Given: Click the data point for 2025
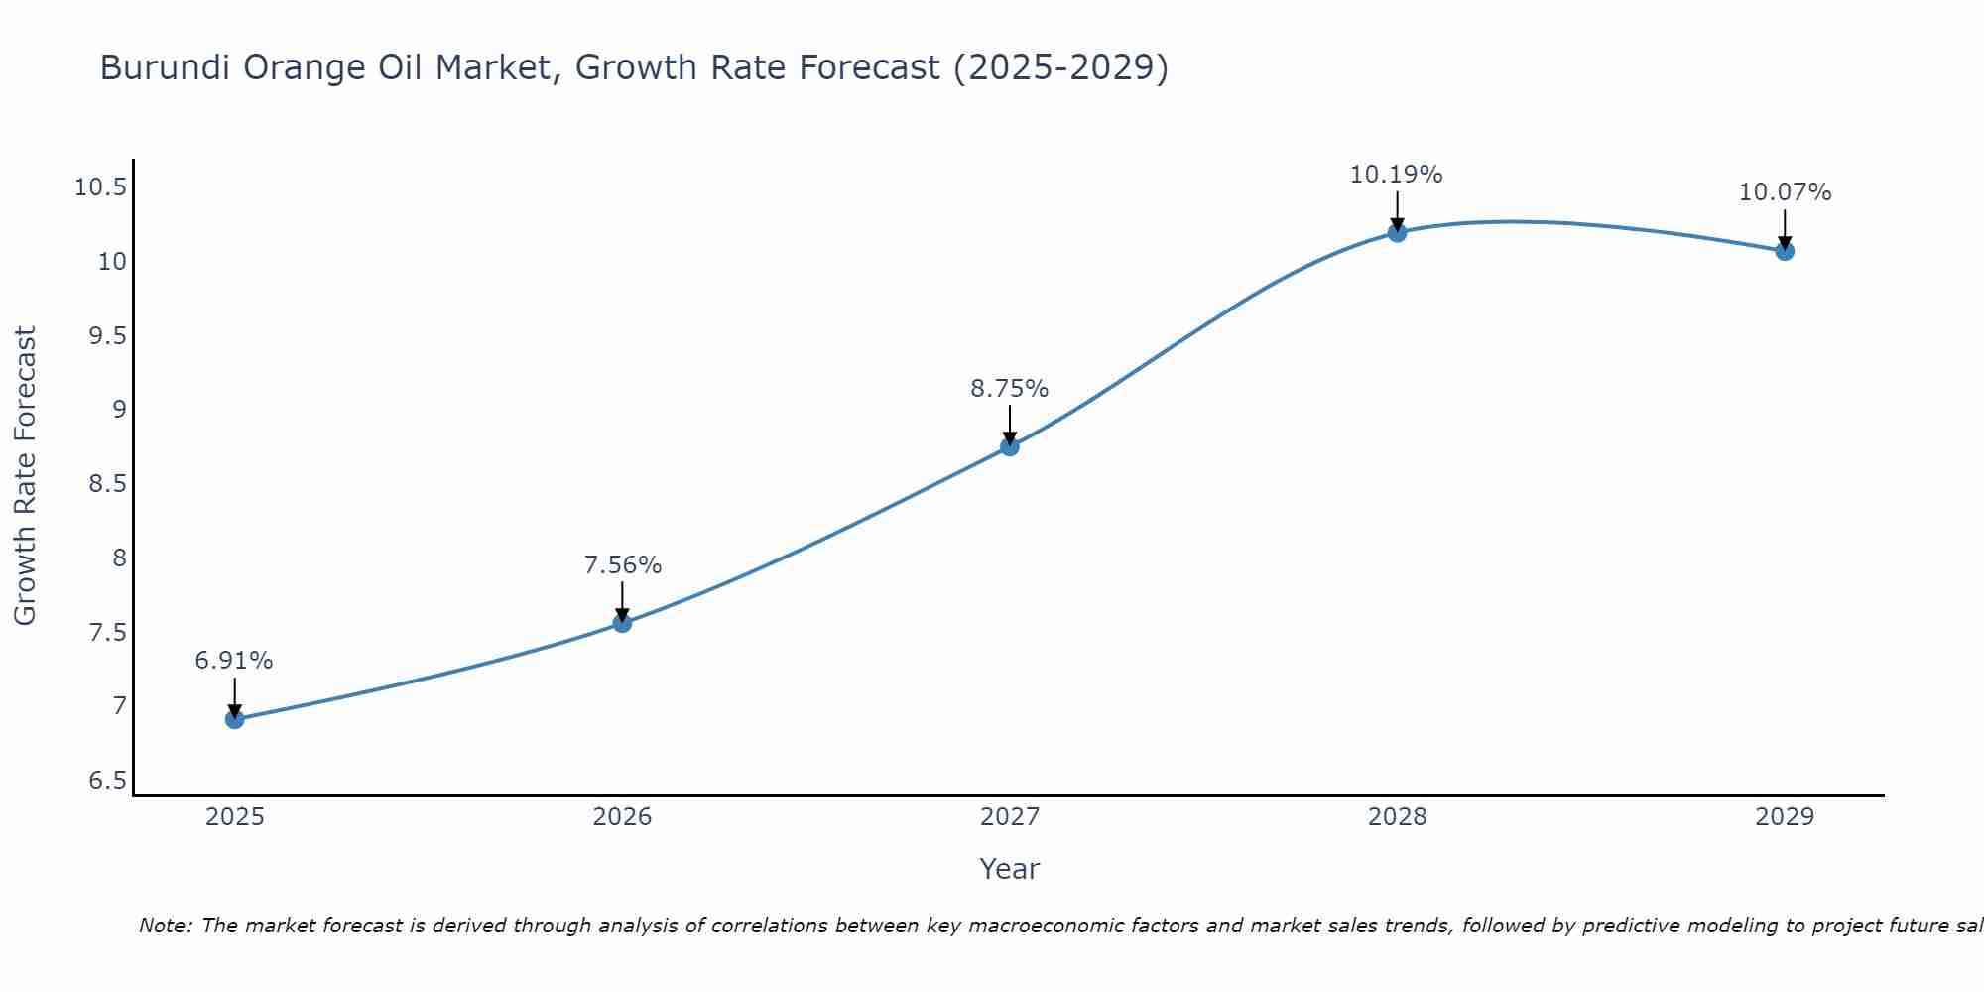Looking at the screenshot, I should pos(235,719).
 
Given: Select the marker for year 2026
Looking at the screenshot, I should pos(622,623).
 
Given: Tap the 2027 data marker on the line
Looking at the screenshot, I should pos(1010,446).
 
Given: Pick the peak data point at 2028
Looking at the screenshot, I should pos(1397,232).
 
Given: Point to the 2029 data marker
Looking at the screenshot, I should pos(1785,251).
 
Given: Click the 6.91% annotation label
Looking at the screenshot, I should pos(234,661).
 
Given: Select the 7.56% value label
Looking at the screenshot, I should pos(622,565).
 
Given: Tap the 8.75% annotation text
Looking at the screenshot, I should pos(1009,389).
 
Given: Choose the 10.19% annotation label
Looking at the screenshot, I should pos(1396,175).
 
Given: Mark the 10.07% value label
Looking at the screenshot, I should pos(1785,192).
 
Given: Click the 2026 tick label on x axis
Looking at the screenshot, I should pos(622,817).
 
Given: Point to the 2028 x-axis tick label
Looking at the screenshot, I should pos(1397,817).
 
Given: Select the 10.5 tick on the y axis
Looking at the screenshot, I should pos(100,187).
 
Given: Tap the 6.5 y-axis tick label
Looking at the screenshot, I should pos(107,781).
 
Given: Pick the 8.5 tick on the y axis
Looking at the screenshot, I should pos(107,484).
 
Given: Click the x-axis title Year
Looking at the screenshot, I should pos(1009,869).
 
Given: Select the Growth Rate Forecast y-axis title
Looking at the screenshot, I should pos(26,476).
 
